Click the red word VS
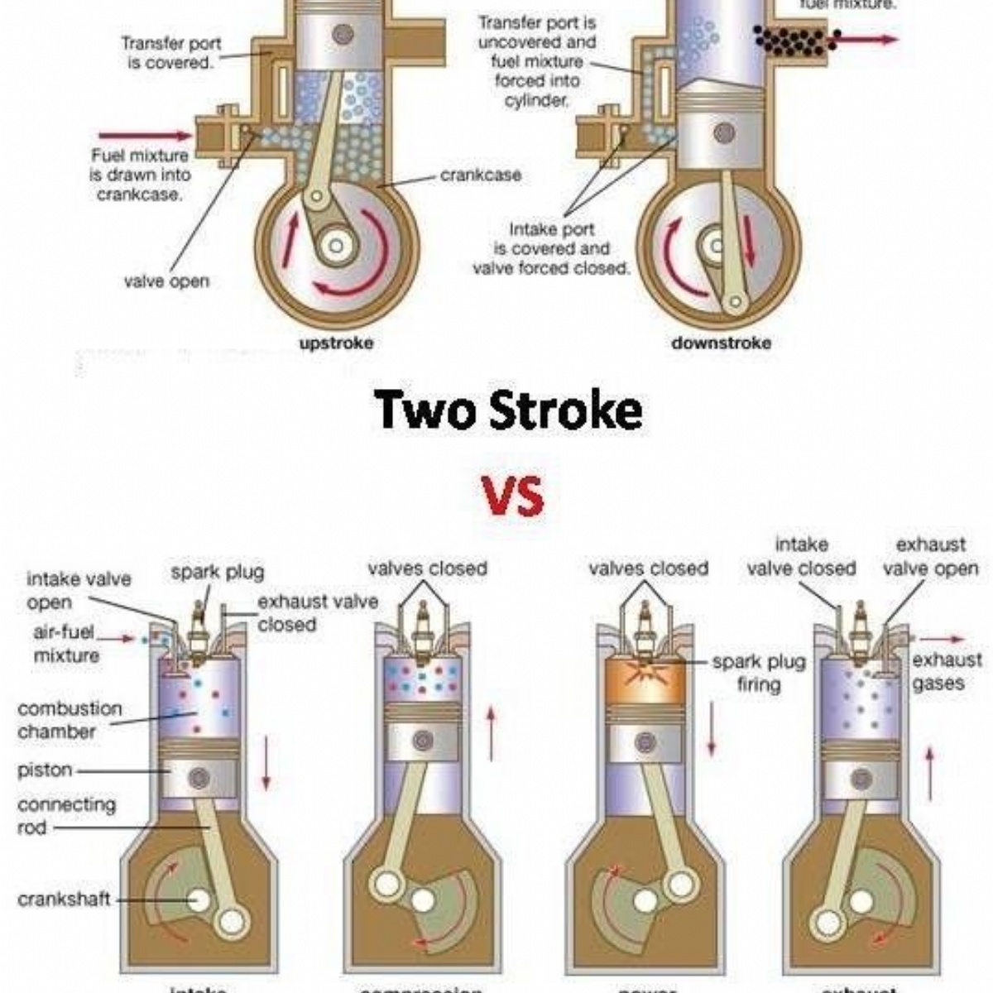[x=513, y=496]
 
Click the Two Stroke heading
[x=507, y=410]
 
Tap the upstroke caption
[x=336, y=343]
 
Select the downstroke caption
[x=721, y=343]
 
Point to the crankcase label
[x=481, y=175]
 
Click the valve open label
[x=166, y=281]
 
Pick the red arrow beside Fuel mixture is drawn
[x=144, y=135]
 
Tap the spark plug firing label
[x=758, y=673]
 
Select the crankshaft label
[x=64, y=899]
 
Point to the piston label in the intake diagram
[x=45, y=770]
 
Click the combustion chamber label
[x=70, y=720]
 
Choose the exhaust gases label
[x=947, y=672]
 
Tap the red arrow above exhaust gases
[x=942, y=639]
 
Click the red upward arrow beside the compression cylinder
[x=492, y=732]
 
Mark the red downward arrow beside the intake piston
[x=266, y=762]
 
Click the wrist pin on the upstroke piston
[x=343, y=35]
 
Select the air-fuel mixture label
[x=66, y=644]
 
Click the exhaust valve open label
[x=930, y=557]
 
